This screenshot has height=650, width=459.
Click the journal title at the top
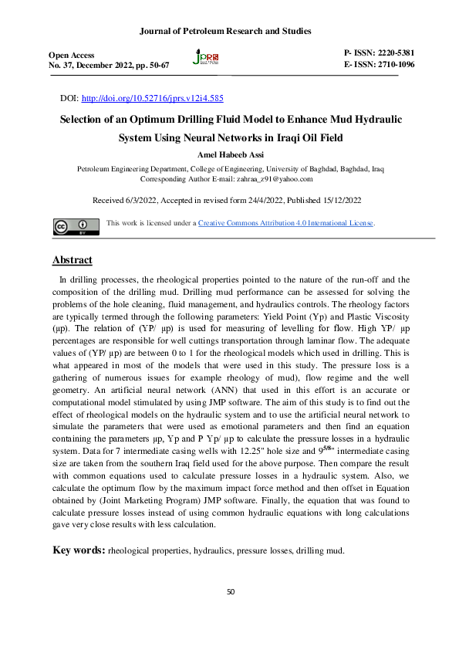coord(225,31)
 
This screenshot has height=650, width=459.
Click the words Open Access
coord(72,55)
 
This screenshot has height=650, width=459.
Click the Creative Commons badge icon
coord(71,226)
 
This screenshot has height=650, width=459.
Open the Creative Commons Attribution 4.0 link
coord(285,223)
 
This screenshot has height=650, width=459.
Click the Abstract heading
coord(72,259)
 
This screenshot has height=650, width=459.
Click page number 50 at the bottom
coord(230,591)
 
